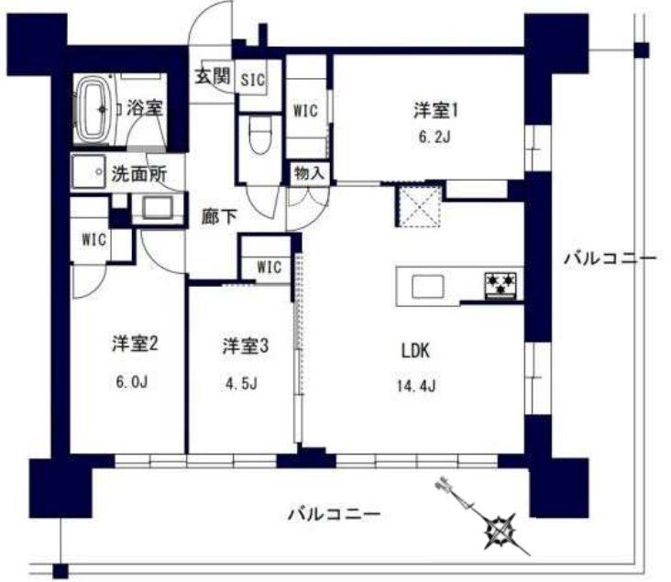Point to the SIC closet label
coord(253,79)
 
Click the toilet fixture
coord(258,137)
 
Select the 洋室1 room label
coord(434,111)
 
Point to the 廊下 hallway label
coord(220,217)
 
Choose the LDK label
coord(415,350)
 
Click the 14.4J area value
coord(415,384)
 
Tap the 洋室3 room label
coord(245,346)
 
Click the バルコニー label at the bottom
coord(332,513)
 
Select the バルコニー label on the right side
coord(610,259)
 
